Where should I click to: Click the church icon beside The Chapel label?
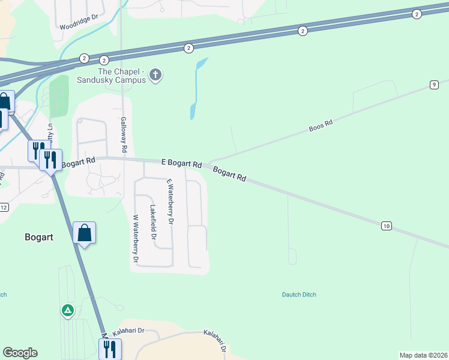click(155, 75)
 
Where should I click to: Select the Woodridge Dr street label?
click(79, 26)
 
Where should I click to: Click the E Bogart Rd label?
click(181, 163)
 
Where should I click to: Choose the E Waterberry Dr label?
click(170, 201)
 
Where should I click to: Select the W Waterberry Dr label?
click(135, 239)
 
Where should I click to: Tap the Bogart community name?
click(39, 237)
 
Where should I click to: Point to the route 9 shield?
click(433, 85)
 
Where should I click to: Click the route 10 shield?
click(386, 226)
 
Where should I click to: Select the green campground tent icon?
click(68, 311)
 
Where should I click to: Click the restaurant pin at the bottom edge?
click(110, 349)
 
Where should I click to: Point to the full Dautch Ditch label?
click(299, 295)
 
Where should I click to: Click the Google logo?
click(20, 353)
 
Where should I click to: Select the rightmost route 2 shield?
click(416, 14)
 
